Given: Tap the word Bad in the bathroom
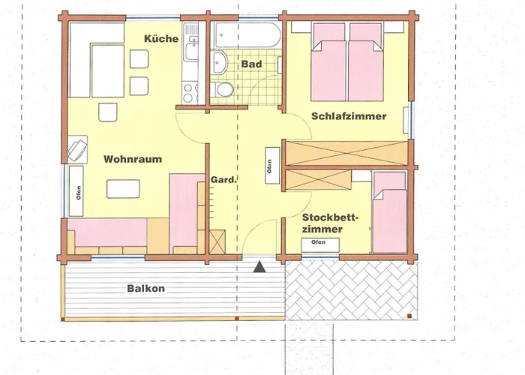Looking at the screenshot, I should coord(251,64).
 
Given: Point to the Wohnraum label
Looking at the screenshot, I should coord(132,160).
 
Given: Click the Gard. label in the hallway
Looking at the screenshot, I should coord(223,180).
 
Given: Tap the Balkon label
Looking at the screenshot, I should coord(145,288).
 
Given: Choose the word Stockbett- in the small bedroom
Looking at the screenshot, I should coord(331,218).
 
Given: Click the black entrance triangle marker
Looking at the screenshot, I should coord(259,265).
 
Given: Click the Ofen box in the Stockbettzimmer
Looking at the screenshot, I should coord(319,243).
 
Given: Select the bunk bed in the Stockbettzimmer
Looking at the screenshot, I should coord(389,211).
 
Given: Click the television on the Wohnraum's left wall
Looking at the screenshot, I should coord(76,148).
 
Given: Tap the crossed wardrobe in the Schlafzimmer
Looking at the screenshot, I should coord(347,153).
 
